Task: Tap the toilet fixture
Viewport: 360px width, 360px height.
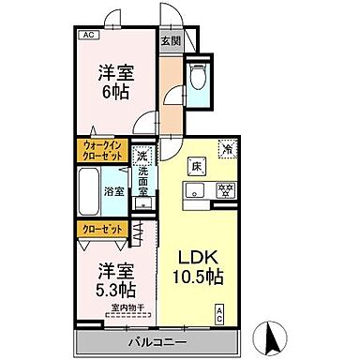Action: [x=197, y=77]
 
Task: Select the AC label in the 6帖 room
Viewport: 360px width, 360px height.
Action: [x=88, y=36]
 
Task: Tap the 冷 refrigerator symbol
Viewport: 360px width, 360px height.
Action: [x=227, y=147]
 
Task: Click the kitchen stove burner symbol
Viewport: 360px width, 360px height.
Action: [x=226, y=189]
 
